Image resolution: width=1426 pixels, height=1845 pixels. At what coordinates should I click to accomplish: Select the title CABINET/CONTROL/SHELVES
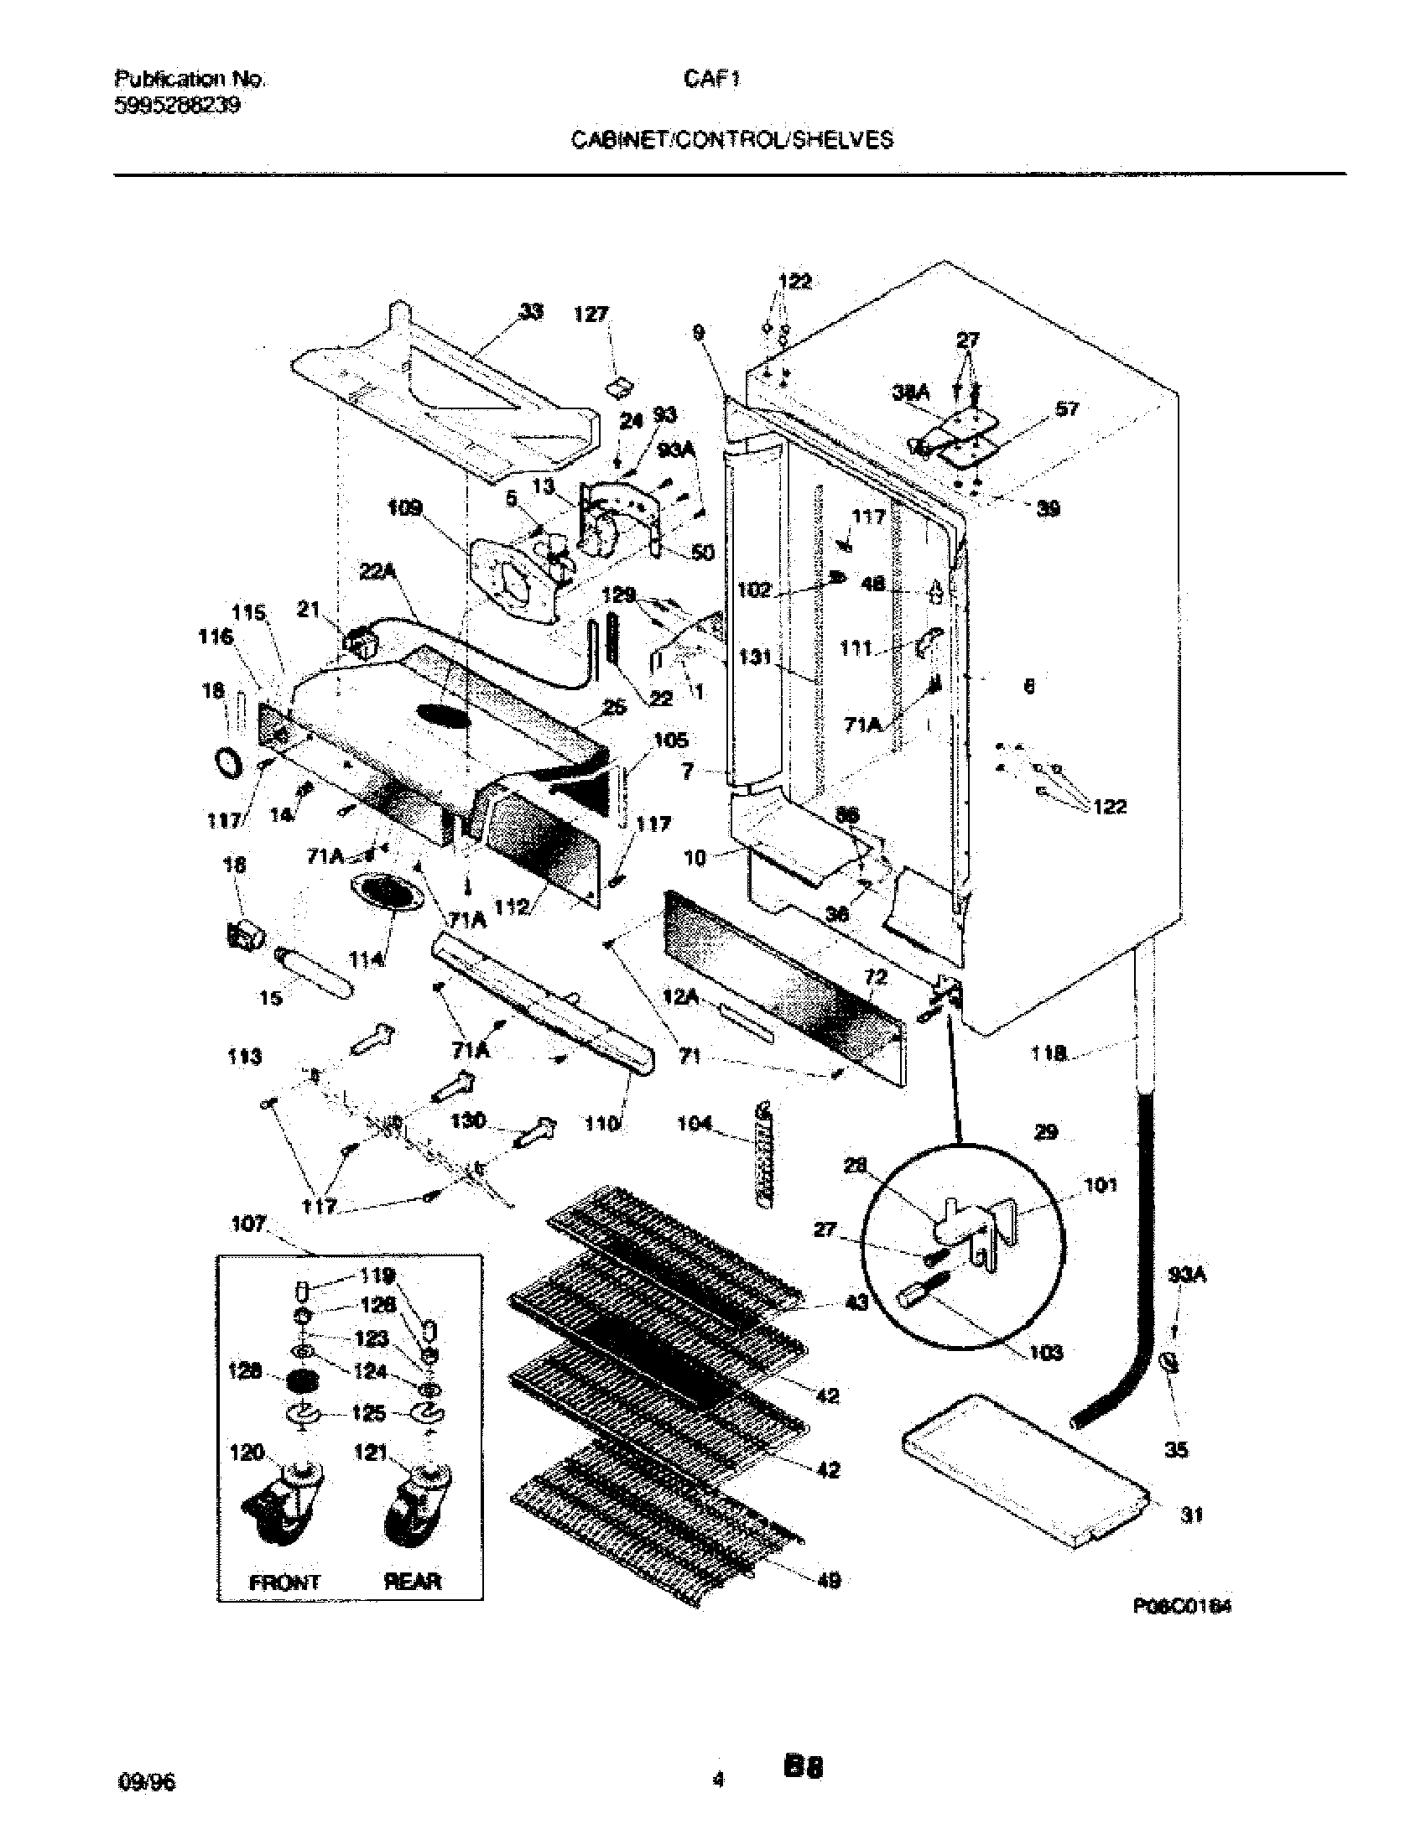[x=731, y=140]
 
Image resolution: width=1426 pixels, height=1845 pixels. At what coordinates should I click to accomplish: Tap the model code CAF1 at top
[x=712, y=79]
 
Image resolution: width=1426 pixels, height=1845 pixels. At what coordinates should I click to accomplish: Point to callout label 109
[x=404, y=508]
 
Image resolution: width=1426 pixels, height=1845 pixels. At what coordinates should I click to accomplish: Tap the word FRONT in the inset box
[x=284, y=1583]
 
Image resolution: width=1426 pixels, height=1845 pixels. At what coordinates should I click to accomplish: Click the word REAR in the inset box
[x=413, y=1583]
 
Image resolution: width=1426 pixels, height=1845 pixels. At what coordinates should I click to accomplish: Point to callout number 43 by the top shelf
[x=856, y=1303]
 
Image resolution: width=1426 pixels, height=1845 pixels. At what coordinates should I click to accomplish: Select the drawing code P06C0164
[x=1181, y=1606]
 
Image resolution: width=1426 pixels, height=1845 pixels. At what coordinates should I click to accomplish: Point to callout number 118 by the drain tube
[x=1048, y=1052]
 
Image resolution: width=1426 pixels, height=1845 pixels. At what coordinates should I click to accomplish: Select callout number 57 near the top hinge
[x=1067, y=409]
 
